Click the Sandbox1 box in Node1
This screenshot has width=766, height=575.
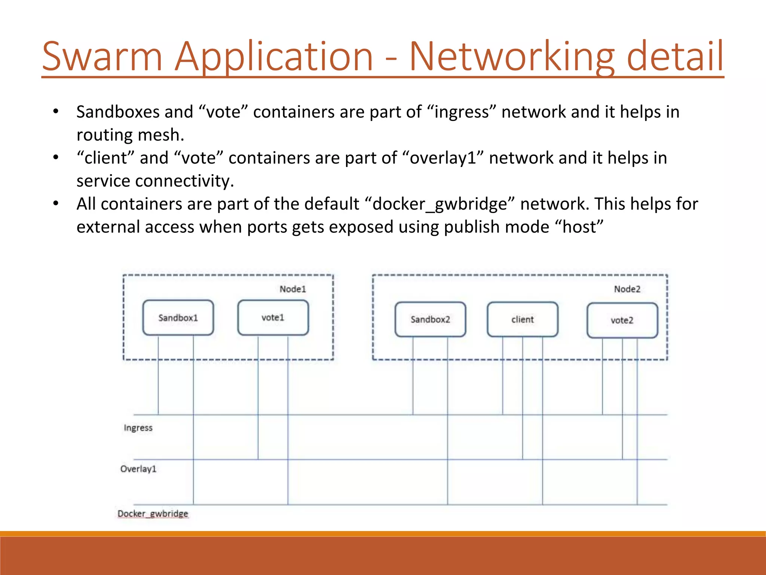(178, 318)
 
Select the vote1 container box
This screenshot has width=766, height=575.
(273, 317)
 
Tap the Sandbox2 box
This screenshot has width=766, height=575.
(430, 319)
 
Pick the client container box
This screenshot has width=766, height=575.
(523, 319)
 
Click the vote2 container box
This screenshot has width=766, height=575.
(622, 320)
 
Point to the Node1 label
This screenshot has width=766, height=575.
(292, 289)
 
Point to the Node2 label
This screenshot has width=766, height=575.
(627, 289)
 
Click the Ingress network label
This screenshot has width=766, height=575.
(138, 428)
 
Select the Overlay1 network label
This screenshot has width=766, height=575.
(138, 469)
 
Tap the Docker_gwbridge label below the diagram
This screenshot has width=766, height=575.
(153, 514)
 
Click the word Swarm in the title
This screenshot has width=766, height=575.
(102, 57)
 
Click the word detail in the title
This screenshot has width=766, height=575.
(675, 57)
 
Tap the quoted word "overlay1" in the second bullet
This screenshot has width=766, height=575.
(443, 158)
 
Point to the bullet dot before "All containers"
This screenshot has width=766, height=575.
(56, 204)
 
